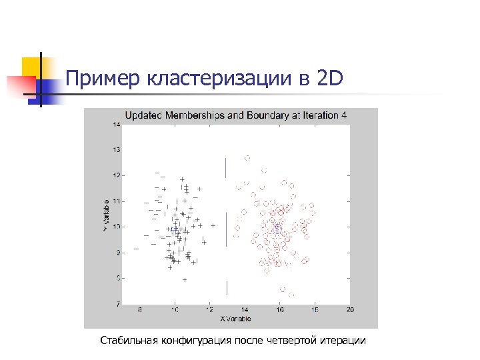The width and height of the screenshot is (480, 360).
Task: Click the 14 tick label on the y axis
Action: [x=115, y=124]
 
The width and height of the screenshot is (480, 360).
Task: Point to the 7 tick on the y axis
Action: [x=117, y=304]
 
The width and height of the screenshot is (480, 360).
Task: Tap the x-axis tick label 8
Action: [x=139, y=310]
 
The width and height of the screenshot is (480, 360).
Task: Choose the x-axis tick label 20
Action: [x=350, y=310]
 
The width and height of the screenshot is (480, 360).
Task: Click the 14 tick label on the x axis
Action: [x=245, y=310]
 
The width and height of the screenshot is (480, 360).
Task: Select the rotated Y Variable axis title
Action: [x=106, y=214]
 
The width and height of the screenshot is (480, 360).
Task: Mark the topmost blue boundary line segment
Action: [x=227, y=168]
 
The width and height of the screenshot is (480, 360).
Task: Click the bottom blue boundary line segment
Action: [x=227, y=287]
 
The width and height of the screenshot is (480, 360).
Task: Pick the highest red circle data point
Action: [x=247, y=158]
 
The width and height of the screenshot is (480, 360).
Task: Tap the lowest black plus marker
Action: [x=185, y=280]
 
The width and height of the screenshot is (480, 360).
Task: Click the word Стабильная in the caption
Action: [x=127, y=341]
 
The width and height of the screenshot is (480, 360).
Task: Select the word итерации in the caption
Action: [x=343, y=341]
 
